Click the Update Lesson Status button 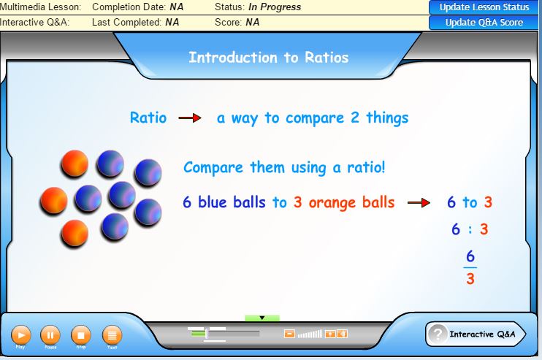click(x=484, y=7)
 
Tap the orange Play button click(x=20, y=335)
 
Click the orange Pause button click(x=50, y=335)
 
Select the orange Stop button click(x=81, y=335)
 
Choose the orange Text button click(x=112, y=335)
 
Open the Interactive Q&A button click(x=476, y=334)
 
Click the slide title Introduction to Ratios click(x=268, y=57)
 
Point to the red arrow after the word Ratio click(x=190, y=118)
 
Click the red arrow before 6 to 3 click(x=419, y=203)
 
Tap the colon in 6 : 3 click(x=470, y=230)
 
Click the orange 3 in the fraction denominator click(x=470, y=279)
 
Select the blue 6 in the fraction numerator click(x=470, y=256)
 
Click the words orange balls click(x=351, y=202)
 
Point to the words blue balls click(x=232, y=202)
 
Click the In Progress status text click(x=275, y=7)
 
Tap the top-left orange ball click(x=75, y=164)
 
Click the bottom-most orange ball click(x=75, y=232)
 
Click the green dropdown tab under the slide click(x=262, y=318)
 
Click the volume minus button click(x=289, y=334)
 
